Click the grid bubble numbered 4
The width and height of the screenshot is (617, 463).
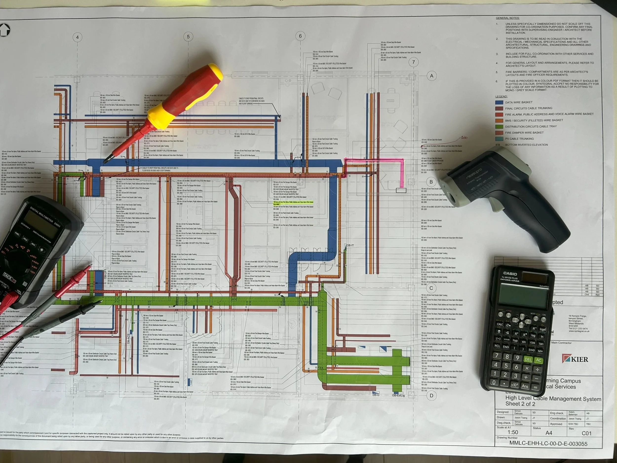pyautogui.click(x=77, y=37)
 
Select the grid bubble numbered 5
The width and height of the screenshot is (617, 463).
pyautogui.click(x=188, y=37)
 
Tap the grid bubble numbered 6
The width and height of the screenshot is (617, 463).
pyautogui.click(x=300, y=36)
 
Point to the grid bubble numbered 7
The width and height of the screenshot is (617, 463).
pyautogui.click(x=413, y=62)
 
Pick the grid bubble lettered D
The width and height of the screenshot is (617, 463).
pyautogui.click(x=431, y=395)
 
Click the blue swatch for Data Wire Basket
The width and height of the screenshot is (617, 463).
pyautogui.click(x=499, y=102)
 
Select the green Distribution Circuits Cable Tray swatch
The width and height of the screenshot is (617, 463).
pyautogui.click(x=499, y=126)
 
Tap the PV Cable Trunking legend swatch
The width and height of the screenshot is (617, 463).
pyautogui.click(x=499, y=139)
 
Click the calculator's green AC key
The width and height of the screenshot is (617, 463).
pyautogui.click(x=539, y=360)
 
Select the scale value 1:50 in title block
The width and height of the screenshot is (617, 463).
pyautogui.click(x=513, y=432)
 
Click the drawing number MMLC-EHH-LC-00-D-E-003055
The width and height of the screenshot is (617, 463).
pyautogui.click(x=548, y=443)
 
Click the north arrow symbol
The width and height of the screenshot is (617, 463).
pyautogui.click(x=5, y=30)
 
